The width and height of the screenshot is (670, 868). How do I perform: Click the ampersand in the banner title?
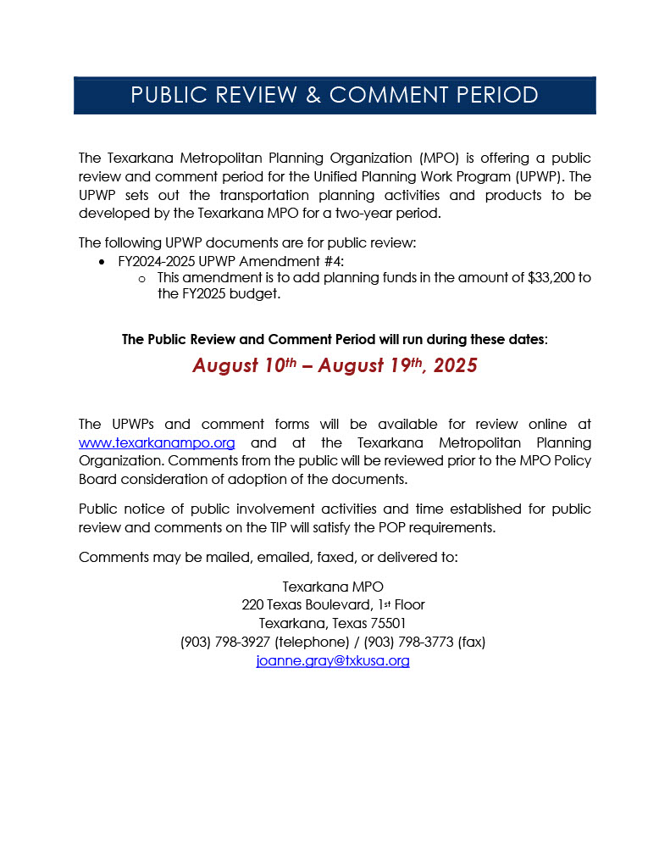313,95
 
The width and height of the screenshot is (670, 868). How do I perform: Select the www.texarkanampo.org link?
157,442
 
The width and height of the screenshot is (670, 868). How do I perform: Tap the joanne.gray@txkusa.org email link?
333,660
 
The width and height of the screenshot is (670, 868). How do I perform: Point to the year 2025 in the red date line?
455,365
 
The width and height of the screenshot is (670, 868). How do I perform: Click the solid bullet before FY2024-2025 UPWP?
102,261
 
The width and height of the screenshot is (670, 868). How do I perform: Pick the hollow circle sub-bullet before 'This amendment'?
141,278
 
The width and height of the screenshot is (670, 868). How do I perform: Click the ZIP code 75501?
388,623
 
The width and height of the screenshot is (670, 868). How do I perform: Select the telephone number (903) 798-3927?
225,642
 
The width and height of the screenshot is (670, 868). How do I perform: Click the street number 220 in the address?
252,604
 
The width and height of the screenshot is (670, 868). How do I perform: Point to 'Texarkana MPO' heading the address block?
333,586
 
